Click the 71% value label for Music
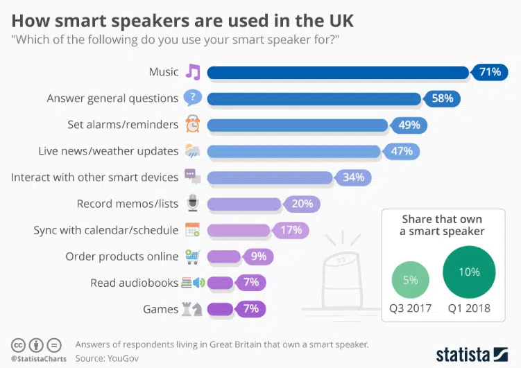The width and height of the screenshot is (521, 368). point(489,72)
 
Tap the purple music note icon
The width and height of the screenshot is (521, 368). point(192,71)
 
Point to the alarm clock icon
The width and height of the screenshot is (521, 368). point(192,125)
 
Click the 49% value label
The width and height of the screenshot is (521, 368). point(409,125)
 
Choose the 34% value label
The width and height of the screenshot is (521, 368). point(353,177)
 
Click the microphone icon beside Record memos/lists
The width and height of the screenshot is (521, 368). point(192,204)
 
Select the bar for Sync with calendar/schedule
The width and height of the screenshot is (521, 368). point(239,230)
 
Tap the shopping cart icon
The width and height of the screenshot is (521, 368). point(192,256)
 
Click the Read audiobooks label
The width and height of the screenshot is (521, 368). point(135,283)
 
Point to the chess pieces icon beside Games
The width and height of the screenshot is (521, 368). point(192,309)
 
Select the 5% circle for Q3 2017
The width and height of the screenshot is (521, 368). point(410,281)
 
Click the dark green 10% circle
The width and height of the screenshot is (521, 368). point(469,272)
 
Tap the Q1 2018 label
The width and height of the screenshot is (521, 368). point(469,308)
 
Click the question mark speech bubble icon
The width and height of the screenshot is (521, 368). point(192,98)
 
